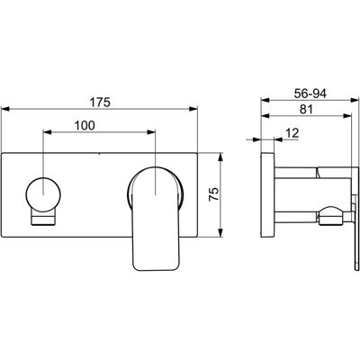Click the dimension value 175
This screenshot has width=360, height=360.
click(x=101, y=103)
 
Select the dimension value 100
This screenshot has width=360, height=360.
click(x=85, y=125)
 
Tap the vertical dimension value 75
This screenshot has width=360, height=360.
click(x=214, y=194)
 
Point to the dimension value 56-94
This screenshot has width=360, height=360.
click(x=310, y=94)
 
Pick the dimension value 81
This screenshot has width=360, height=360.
click(x=306, y=109)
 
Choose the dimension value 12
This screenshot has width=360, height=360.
click(x=292, y=133)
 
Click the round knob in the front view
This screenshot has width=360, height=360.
click(x=43, y=194)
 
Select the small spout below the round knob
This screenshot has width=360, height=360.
click(x=43, y=218)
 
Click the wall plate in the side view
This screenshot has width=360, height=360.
click(x=267, y=195)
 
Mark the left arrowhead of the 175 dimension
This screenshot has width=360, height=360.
click(x=6, y=109)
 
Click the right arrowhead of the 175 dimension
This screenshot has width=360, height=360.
click(x=193, y=109)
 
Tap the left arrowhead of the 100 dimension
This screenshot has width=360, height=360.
click(x=48, y=132)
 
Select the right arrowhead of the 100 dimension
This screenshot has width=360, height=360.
click(x=150, y=132)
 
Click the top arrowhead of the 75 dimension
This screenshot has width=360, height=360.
click(x=220, y=157)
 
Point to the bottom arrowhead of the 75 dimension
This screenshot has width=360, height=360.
click(x=220, y=233)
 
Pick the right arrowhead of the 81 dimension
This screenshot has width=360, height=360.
click(x=347, y=116)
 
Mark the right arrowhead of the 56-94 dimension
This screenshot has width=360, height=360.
click(x=355, y=101)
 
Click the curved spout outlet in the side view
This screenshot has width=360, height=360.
click(x=329, y=216)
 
